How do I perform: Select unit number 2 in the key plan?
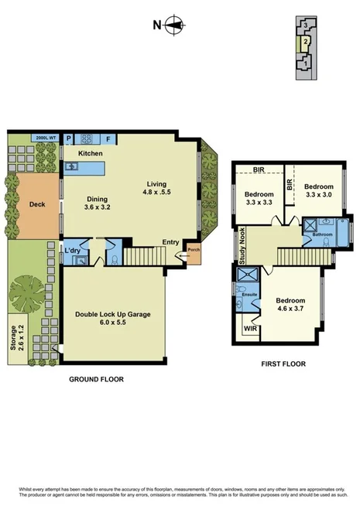[307, 41]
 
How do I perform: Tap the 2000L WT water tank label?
[44, 138]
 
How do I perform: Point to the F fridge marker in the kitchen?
[108, 139]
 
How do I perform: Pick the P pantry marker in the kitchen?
[68, 139]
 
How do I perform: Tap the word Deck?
[36, 205]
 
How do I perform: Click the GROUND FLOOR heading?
[97, 380]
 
